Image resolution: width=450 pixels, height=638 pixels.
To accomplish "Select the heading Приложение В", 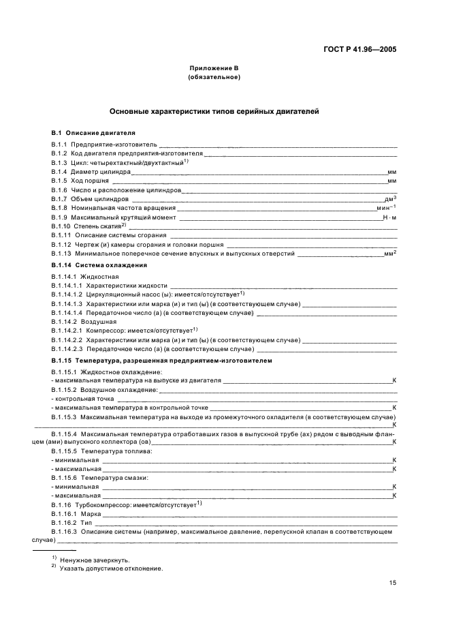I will click(x=213, y=69).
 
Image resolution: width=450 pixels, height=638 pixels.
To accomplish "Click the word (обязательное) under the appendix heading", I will click(x=213, y=77).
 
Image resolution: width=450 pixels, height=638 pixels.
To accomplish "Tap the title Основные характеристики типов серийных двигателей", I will click(x=213, y=111).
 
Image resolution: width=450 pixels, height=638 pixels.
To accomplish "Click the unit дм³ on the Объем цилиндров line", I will click(x=391, y=198).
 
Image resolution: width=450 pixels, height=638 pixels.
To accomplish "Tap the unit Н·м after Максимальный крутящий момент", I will click(x=389, y=217).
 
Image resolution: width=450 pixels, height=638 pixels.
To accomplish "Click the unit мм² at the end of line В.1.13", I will click(x=390, y=253).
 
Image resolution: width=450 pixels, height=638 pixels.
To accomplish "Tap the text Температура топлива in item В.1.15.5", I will click(x=116, y=451).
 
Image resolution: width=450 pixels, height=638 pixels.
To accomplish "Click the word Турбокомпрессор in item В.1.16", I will click(x=104, y=504).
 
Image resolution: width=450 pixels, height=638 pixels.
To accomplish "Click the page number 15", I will click(x=393, y=583).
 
